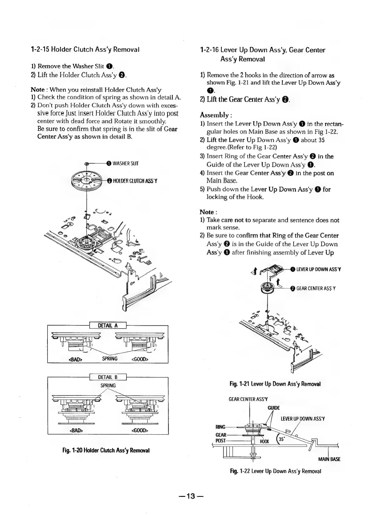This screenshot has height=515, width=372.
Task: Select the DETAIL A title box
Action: tap(108, 325)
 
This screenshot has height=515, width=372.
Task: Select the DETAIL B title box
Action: tap(108, 377)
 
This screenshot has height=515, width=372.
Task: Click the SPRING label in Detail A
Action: tap(110, 359)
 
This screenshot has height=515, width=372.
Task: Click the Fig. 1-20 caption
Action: tap(106, 451)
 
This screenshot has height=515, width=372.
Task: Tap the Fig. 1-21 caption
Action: tap(275, 384)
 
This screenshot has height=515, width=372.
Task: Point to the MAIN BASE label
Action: tap(329, 459)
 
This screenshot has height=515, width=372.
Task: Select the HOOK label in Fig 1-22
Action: tap(264, 442)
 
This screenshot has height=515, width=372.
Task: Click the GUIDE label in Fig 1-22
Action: tap(274, 408)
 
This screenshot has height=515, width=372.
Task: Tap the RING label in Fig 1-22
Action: tap(221, 426)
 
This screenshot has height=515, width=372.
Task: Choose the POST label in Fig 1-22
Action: tap(221, 440)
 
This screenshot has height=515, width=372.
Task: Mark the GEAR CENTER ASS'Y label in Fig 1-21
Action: tap(316, 288)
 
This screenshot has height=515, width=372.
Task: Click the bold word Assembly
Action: tap(215, 115)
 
